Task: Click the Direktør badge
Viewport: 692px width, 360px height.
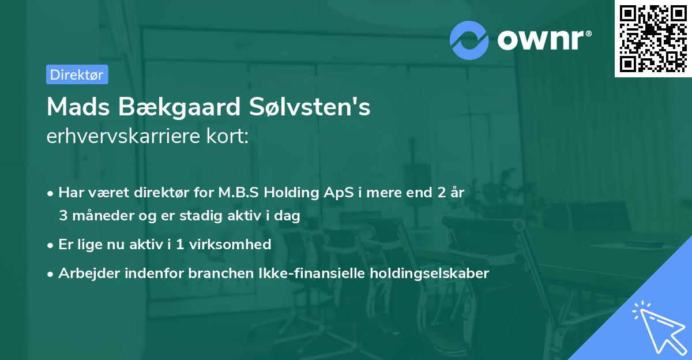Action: (77, 74)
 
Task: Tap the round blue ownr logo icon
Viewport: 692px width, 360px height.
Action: (469, 40)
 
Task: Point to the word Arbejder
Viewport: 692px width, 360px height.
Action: (87, 273)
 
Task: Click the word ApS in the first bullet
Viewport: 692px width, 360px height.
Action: (334, 192)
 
